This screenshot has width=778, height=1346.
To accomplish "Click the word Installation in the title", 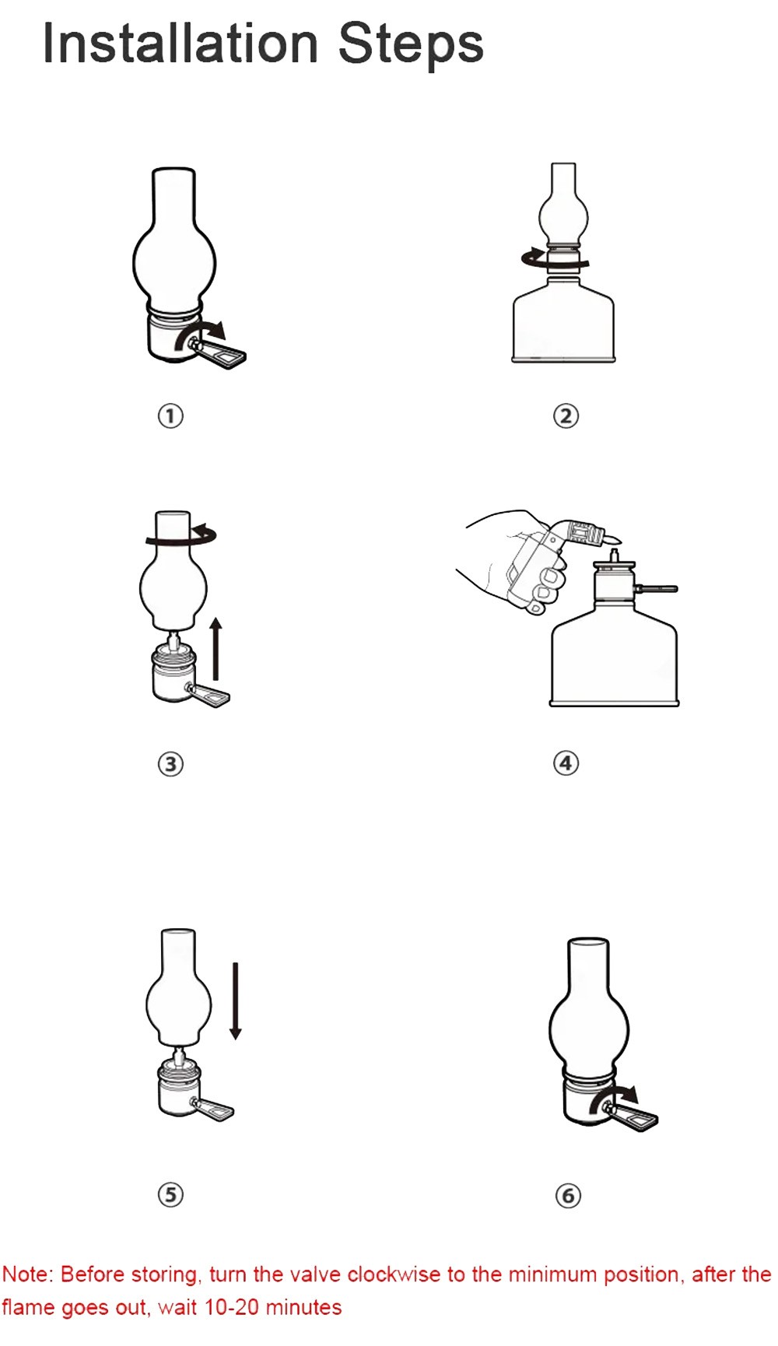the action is pos(180,43).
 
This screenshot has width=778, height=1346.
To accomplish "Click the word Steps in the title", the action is pos(411,44).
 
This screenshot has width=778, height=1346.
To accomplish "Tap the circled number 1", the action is pos(170,415).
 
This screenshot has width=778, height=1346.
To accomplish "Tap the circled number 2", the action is pos(566,415).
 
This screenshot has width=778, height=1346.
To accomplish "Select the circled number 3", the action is pos(170,763).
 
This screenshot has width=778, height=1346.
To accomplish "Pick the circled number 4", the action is pos(566,762).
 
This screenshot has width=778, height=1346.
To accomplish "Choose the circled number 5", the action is pos(170,1194).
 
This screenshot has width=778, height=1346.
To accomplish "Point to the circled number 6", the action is pos(568,1194).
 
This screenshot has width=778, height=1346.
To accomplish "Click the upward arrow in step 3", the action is pos(216,649).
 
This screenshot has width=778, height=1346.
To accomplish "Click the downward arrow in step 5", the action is pos(235,1001).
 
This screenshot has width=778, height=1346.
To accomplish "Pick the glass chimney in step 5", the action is pos(178,988).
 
